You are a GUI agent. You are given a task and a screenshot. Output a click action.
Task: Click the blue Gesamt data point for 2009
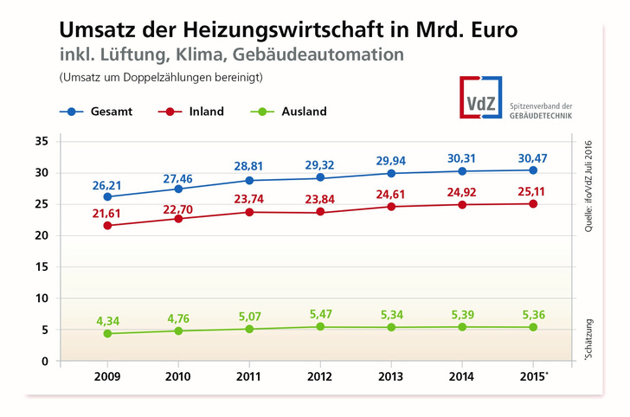(107, 196)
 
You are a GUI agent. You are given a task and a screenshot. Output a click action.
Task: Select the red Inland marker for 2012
(320, 211)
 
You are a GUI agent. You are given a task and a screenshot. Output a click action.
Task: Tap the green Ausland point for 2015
(533, 327)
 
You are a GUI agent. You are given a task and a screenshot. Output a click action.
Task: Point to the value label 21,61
(107, 211)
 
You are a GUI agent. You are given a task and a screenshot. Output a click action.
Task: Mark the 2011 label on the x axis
(249, 379)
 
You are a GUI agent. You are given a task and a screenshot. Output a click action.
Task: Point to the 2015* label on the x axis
(535, 379)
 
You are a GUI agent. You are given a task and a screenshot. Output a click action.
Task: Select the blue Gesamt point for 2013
(391, 173)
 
